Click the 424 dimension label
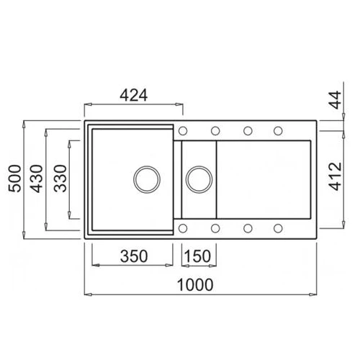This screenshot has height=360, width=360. click(133, 95)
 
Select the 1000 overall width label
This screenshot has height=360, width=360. click(195, 285)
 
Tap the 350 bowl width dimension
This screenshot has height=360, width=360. click(134, 256)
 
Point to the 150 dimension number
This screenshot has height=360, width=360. click(197, 256)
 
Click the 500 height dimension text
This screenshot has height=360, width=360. click(14, 179)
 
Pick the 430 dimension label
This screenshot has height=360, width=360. click(36, 179)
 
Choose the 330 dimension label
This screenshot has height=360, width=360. click(60, 179)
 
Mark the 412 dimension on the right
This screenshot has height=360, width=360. click(335, 176)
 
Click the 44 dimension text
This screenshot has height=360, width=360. click(335, 99)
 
